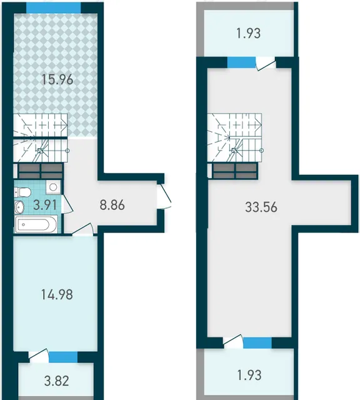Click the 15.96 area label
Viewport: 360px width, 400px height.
(x=57, y=80)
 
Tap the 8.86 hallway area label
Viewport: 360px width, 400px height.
(x=112, y=205)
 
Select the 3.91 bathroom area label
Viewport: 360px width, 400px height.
(x=46, y=205)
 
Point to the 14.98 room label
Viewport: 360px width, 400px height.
(x=57, y=294)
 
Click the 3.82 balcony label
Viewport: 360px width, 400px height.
(x=57, y=381)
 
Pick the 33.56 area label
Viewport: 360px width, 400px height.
(x=261, y=207)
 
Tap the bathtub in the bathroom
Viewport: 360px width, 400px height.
(x=36, y=224)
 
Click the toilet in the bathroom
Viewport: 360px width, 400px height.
(x=22, y=192)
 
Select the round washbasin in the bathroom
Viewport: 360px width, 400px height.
(x=19, y=206)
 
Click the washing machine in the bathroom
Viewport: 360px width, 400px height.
(x=54, y=187)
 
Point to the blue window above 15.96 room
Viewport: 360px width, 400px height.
(x=54, y=8)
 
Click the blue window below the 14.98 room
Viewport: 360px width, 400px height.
(x=63, y=357)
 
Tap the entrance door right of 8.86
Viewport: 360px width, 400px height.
(x=164, y=196)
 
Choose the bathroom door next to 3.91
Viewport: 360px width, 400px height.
(x=67, y=204)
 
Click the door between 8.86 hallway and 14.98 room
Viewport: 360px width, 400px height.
(x=82, y=229)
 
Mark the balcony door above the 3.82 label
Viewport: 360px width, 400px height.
(x=39, y=355)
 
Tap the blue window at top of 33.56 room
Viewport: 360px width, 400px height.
(x=241, y=62)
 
